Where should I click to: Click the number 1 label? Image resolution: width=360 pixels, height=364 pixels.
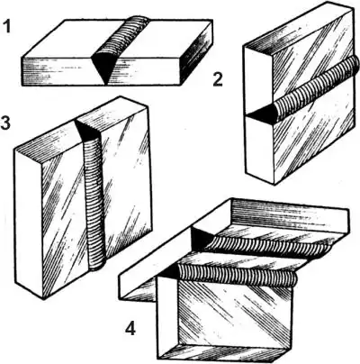(x=6, y=25)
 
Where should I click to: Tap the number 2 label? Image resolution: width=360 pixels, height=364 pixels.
(x=218, y=79)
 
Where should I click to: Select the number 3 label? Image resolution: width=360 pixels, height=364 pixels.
(x=5, y=123)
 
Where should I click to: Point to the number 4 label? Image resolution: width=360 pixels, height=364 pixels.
(x=130, y=329)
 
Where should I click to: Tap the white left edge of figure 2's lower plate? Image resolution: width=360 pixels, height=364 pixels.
(x=260, y=150)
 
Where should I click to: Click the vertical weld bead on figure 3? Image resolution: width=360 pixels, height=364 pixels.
(x=94, y=205)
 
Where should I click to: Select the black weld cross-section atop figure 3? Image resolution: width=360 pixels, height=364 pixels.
(x=88, y=130)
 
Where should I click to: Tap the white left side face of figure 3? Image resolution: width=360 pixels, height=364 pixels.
(x=28, y=223)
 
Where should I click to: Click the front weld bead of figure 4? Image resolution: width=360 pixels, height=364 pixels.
(x=237, y=275)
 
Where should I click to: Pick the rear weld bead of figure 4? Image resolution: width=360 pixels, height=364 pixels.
(x=267, y=244)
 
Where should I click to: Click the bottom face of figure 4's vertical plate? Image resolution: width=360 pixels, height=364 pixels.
(x=222, y=352)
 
